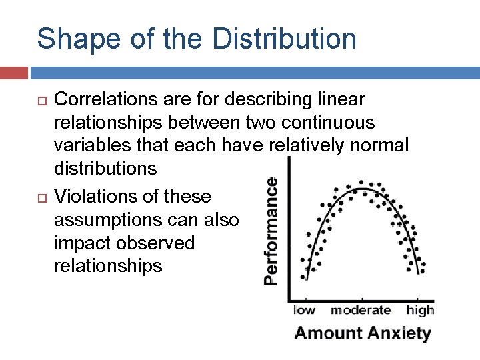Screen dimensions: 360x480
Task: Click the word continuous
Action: click(x=331, y=123)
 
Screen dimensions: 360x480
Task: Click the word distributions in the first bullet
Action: click(x=105, y=168)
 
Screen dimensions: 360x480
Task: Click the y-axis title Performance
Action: click(x=271, y=231)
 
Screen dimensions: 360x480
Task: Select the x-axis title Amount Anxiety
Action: click(x=363, y=333)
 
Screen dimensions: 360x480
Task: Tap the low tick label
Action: click(x=305, y=310)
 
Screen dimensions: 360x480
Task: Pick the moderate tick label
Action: click(x=361, y=310)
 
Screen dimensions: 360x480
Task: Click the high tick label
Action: click(x=420, y=310)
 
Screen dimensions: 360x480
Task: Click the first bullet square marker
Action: click(x=41, y=100)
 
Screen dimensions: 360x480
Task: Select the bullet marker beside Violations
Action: click(x=41, y=197)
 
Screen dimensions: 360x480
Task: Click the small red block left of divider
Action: click(x=13, y=72)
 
